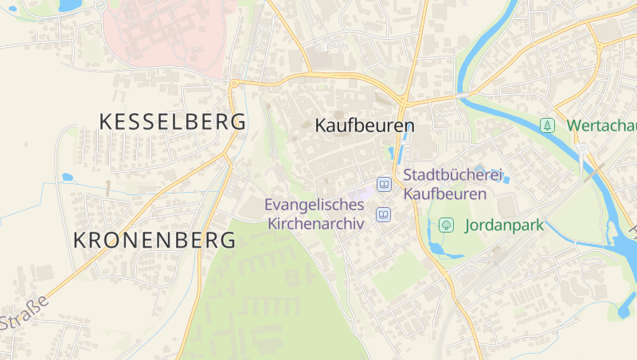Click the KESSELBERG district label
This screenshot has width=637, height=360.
click(172, 122)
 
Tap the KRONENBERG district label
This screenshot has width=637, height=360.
click(154, 240)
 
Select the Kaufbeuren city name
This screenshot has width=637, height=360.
click(365, 126)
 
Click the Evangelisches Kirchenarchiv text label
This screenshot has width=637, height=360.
click(315, 214)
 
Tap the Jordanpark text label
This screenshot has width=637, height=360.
click(503, 225)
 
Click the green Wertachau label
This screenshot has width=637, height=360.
click(601, 126)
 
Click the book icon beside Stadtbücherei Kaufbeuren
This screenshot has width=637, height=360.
click(385, 184)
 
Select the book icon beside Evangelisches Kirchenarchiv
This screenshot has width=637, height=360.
click(385, 214)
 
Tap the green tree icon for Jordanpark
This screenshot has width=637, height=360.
click(447, 225)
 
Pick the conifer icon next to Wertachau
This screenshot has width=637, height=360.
click(547, 125)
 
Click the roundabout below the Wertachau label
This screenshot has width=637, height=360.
click(583, 148)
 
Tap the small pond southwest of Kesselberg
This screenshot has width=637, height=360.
click(67, 177)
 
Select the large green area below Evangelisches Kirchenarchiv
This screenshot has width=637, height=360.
click(271, 295)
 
